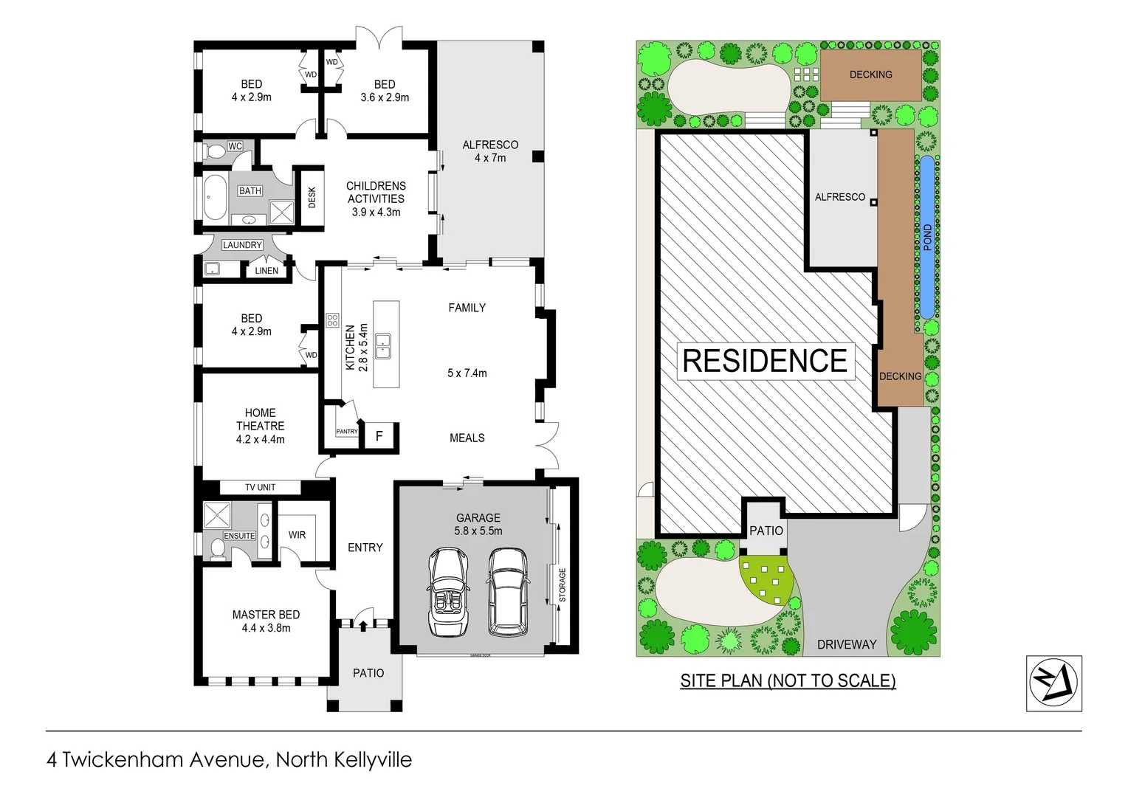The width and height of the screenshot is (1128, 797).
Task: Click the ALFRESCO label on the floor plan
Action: [x=490, y=145]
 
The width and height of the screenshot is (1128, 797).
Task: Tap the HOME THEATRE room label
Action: [x=260, y=419]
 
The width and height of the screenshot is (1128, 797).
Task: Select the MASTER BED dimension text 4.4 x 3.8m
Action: [x=266, y=628]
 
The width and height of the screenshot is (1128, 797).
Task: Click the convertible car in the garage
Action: [x=447, y=592]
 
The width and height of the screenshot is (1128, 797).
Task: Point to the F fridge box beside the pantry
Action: [x=379, y=436]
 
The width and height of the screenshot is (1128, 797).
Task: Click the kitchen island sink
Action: [x=383, y=345]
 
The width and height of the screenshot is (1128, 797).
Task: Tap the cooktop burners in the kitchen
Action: [x=332, y=320]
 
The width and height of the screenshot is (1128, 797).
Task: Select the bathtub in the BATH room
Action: [x=215, y=198]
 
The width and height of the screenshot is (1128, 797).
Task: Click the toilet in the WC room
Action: [x=215, y=152]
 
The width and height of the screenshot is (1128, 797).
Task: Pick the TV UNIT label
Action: [x=260, y=487]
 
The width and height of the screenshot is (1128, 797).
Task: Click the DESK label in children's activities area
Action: [x=312, y=197]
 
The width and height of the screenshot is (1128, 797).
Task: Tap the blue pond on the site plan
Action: [x=926, y=236]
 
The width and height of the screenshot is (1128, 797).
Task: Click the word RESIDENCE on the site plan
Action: [x=765, y=361]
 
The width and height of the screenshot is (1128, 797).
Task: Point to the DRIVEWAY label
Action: [x=847, y=644]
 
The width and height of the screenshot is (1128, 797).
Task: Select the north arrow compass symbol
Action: [x=1053, y=683]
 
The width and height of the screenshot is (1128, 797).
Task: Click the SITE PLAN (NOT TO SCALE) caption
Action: [x=788, y=680]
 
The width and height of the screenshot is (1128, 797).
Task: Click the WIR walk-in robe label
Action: [x=297, y=534]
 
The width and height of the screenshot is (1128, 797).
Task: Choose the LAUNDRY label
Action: [x=242, y=245]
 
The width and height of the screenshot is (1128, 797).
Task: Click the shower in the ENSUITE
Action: [x=216, y=514]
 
